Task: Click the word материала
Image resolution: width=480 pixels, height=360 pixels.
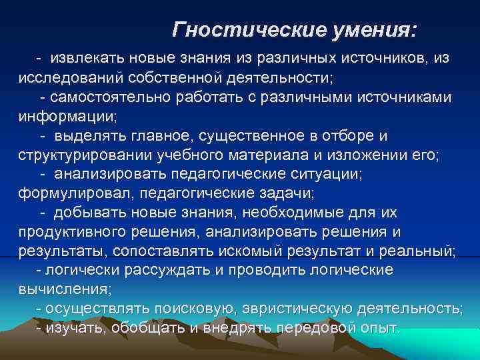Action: tap(261, 155)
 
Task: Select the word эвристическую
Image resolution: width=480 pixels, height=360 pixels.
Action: tap(299, 309)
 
